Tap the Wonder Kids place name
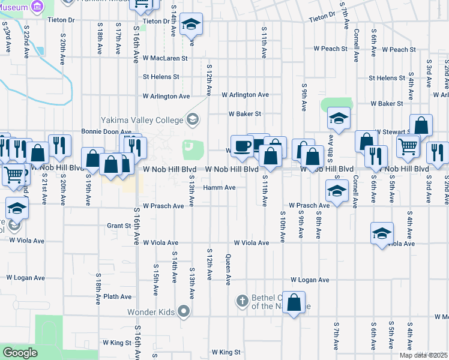click(152, 312)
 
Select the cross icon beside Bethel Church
click(242, 301)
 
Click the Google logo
click(20, 353)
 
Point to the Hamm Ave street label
click(219, 187)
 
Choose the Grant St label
click(119, 226)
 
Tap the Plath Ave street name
click(117, 296)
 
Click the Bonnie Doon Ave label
click(106, 131)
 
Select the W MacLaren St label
click(165, 59)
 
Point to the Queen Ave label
click(228, 268)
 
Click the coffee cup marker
click(242, 146)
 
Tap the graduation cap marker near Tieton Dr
click(191, 24)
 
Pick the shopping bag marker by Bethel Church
click(294, 302)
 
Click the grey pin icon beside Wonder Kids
click(184, 311)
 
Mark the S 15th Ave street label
click(155, 279)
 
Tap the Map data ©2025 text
click(423, 355)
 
